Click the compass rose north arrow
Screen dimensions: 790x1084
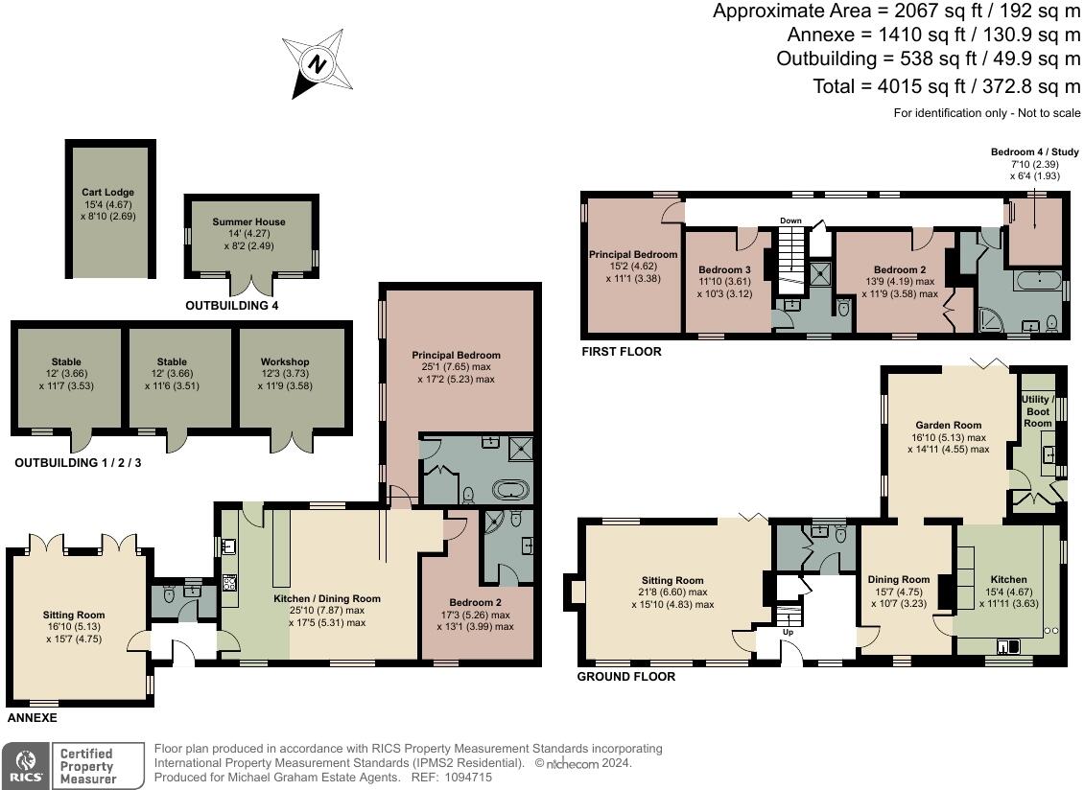[316, 65]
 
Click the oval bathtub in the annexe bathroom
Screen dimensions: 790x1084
[510, 490]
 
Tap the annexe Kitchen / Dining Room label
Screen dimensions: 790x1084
[326, 598]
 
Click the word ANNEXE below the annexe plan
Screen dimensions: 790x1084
[34, 717]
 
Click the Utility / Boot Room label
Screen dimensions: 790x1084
[1037, 410]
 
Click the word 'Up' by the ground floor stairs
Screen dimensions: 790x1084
[789, 633]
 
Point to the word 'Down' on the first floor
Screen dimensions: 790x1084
[789, 221]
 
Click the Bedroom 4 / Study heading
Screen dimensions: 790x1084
[1034, 151]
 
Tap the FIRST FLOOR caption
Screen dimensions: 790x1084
[621, 352]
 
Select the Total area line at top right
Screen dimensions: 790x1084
[947, 86]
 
